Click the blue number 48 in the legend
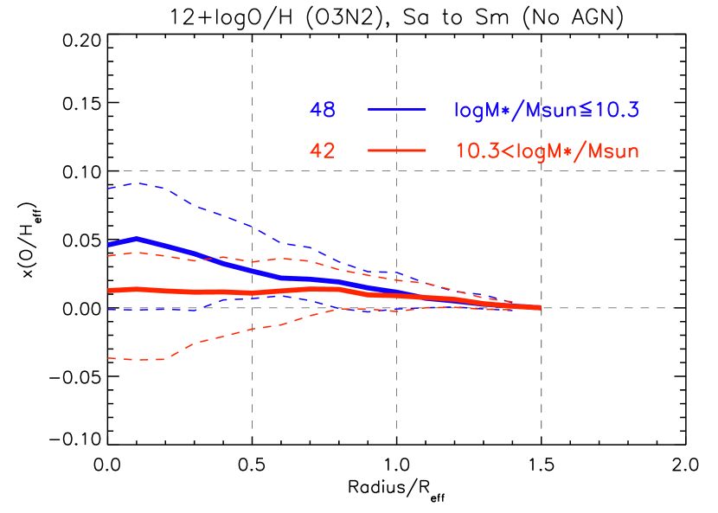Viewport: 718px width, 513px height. tap(323, 110)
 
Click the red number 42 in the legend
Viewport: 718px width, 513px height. tap(323, 151)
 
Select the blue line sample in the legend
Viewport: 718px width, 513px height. tap(397, 110)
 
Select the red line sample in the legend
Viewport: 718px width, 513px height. tap(397, 151)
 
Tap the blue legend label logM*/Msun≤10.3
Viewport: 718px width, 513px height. tap(546, 110)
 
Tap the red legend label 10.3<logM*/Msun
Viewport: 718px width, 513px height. tap(547, 151)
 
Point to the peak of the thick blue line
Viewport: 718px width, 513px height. tap(137, 238)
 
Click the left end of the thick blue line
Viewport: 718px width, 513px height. tap(109, 245)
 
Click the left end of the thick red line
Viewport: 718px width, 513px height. tap(109, 290)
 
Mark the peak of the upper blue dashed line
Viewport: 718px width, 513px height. tap(138, 183)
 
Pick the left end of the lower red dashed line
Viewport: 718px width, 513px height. tap(109, 357)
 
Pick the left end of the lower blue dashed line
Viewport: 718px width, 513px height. tap(109, 309)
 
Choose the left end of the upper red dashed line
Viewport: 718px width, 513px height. tap(109, 256)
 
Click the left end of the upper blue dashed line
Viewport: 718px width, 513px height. tap(109, 188)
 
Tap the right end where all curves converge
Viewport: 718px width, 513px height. tap(540, 307)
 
